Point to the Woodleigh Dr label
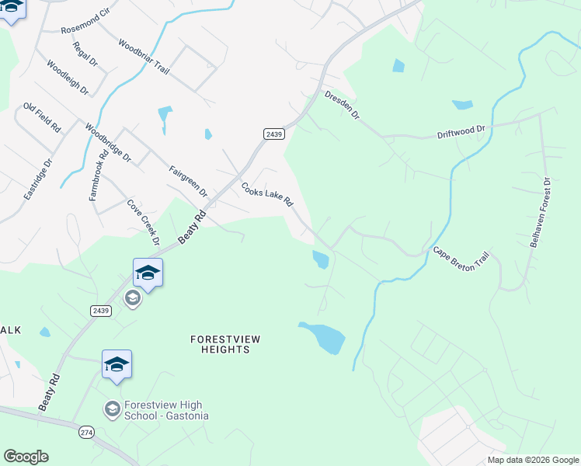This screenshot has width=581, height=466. (68, 78)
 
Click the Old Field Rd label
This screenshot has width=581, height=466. (42, 118)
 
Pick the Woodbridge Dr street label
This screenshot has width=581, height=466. (109, 143)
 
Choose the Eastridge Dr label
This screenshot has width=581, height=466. (37, 179)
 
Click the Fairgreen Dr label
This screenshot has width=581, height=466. (189, 180)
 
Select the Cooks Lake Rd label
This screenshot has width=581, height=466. (266, 195)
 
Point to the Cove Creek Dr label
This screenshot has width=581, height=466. (143, 222)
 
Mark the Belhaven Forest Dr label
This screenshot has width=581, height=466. (540, 213)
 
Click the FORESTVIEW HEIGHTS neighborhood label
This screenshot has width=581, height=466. (221, 344)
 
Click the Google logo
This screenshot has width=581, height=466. (26, 457)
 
